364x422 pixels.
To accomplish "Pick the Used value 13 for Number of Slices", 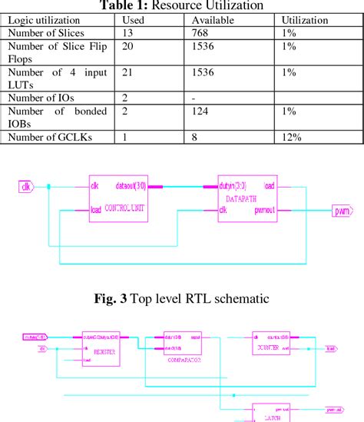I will click(x=128, y=33).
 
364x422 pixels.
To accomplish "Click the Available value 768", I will click(x=203, y=33).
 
